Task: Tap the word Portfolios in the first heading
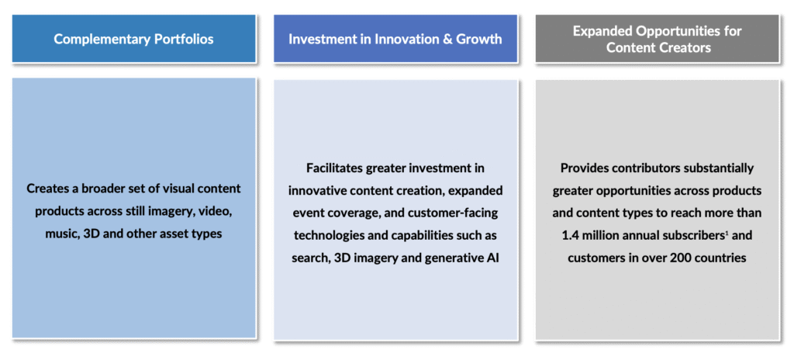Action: pyautogui.click(x=181, y=39)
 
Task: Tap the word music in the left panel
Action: pyautogui.click(x=49, y=234)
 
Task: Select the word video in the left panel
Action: pyautogui.click(x=216, y=212)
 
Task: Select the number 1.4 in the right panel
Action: pyautogui.click(x=570, y=235)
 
